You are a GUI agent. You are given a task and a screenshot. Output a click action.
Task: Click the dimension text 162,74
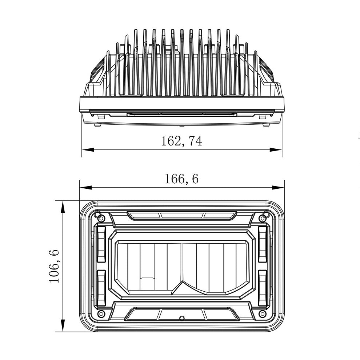[181, 141]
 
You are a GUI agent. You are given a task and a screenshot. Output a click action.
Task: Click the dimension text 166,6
[181, 179]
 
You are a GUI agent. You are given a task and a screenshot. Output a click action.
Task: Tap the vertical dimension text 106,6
[54, 266]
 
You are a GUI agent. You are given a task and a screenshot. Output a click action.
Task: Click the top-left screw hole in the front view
[101, 218]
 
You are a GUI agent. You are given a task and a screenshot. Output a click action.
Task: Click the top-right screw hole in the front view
[262, 218]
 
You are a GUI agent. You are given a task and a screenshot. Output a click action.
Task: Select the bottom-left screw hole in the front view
[101, 313]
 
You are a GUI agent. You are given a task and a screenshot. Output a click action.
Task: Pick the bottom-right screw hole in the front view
[262, 313]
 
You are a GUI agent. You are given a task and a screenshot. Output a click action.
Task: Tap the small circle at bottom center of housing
[182, 318]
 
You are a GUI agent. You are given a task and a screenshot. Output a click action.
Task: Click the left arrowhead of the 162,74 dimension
[86, 149]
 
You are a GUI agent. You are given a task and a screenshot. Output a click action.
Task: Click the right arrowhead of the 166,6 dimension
[280, 188]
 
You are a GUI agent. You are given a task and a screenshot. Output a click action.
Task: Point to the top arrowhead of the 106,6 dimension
[63, 205]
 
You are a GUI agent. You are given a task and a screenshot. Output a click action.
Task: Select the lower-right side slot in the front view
[263, 288]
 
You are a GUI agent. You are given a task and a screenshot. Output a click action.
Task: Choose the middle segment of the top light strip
[182, 215]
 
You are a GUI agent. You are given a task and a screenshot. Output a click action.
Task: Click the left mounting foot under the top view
[97, 124]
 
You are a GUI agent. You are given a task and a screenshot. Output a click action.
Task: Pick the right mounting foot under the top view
[266, 124]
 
